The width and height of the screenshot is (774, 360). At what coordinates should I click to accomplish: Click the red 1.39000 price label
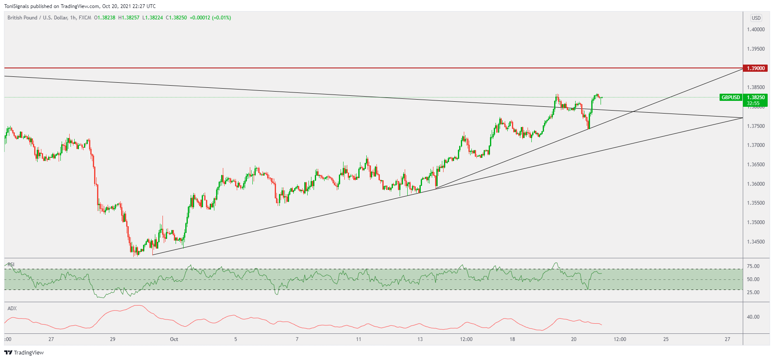pos(755,68)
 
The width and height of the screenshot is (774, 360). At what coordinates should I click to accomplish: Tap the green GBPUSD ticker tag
pos(731,97)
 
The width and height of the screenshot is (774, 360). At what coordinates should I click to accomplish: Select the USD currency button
pos(756,18)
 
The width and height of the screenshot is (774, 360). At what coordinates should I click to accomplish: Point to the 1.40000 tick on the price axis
pos(755,30)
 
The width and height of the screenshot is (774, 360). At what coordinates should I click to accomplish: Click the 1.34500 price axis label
pos(755,242)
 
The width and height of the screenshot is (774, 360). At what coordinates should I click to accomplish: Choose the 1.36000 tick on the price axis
pos(755,184)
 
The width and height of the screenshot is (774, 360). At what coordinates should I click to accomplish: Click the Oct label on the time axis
pos(174,339)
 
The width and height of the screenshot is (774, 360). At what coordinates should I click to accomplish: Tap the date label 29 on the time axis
pos(113,339)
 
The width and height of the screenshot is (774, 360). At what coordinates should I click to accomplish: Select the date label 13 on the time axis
pos(420,339)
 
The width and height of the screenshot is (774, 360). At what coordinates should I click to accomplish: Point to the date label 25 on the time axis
pos(666,339)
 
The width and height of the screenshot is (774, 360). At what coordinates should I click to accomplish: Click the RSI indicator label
pos(11,265)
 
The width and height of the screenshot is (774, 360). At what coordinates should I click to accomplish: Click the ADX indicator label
pos(12,309)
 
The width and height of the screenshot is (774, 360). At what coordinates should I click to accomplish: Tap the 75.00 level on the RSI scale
pos(753,266)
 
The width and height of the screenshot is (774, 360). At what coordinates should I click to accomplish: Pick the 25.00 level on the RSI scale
pos(753,292)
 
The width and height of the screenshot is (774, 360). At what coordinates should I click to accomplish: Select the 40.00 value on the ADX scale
pos(753,317)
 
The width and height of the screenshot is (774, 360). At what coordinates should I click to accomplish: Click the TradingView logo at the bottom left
pos(24,353)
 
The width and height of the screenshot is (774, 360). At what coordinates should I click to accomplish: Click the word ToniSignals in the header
pos(16,6)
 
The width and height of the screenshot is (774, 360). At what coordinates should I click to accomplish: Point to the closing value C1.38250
pos(176,18)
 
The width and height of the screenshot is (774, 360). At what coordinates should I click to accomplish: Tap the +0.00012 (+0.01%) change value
pos(210,18)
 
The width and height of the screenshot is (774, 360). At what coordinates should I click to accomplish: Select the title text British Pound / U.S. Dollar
pos(37,18)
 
